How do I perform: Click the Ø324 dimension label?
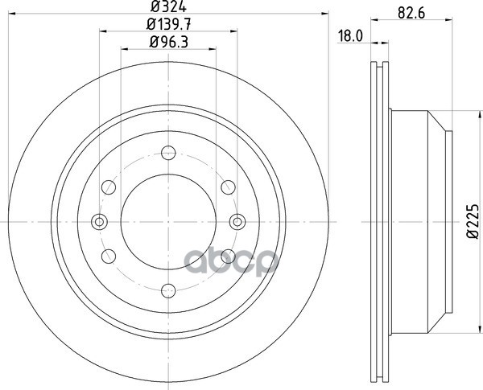click(168, 6)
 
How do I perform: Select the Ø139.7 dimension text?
click(169, 24)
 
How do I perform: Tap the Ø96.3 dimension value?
click(169, 42)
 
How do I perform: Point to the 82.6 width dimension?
click(411, 13)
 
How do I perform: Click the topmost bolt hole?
click(168, 153)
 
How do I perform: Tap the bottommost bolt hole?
click(168, 290)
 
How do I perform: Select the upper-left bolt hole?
click(109, 187)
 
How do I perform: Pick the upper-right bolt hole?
click(229, 187)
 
